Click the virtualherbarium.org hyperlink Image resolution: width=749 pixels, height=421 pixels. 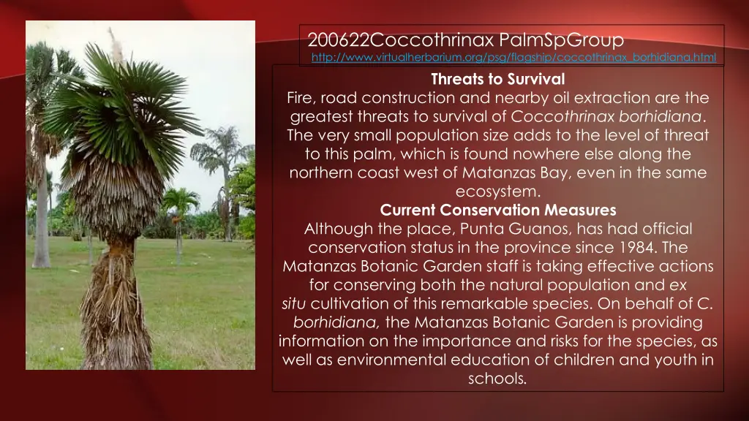pos(513,57)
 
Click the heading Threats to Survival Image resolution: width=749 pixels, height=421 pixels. pos(497,79)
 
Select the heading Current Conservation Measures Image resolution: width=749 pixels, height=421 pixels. pos(498,210)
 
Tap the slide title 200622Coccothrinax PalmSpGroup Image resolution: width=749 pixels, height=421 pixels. pos(465,39)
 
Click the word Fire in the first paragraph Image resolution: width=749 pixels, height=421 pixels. pos(300,98)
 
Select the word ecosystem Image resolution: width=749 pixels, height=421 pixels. pos(498,192)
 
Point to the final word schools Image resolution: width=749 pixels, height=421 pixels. pos(497,379)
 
